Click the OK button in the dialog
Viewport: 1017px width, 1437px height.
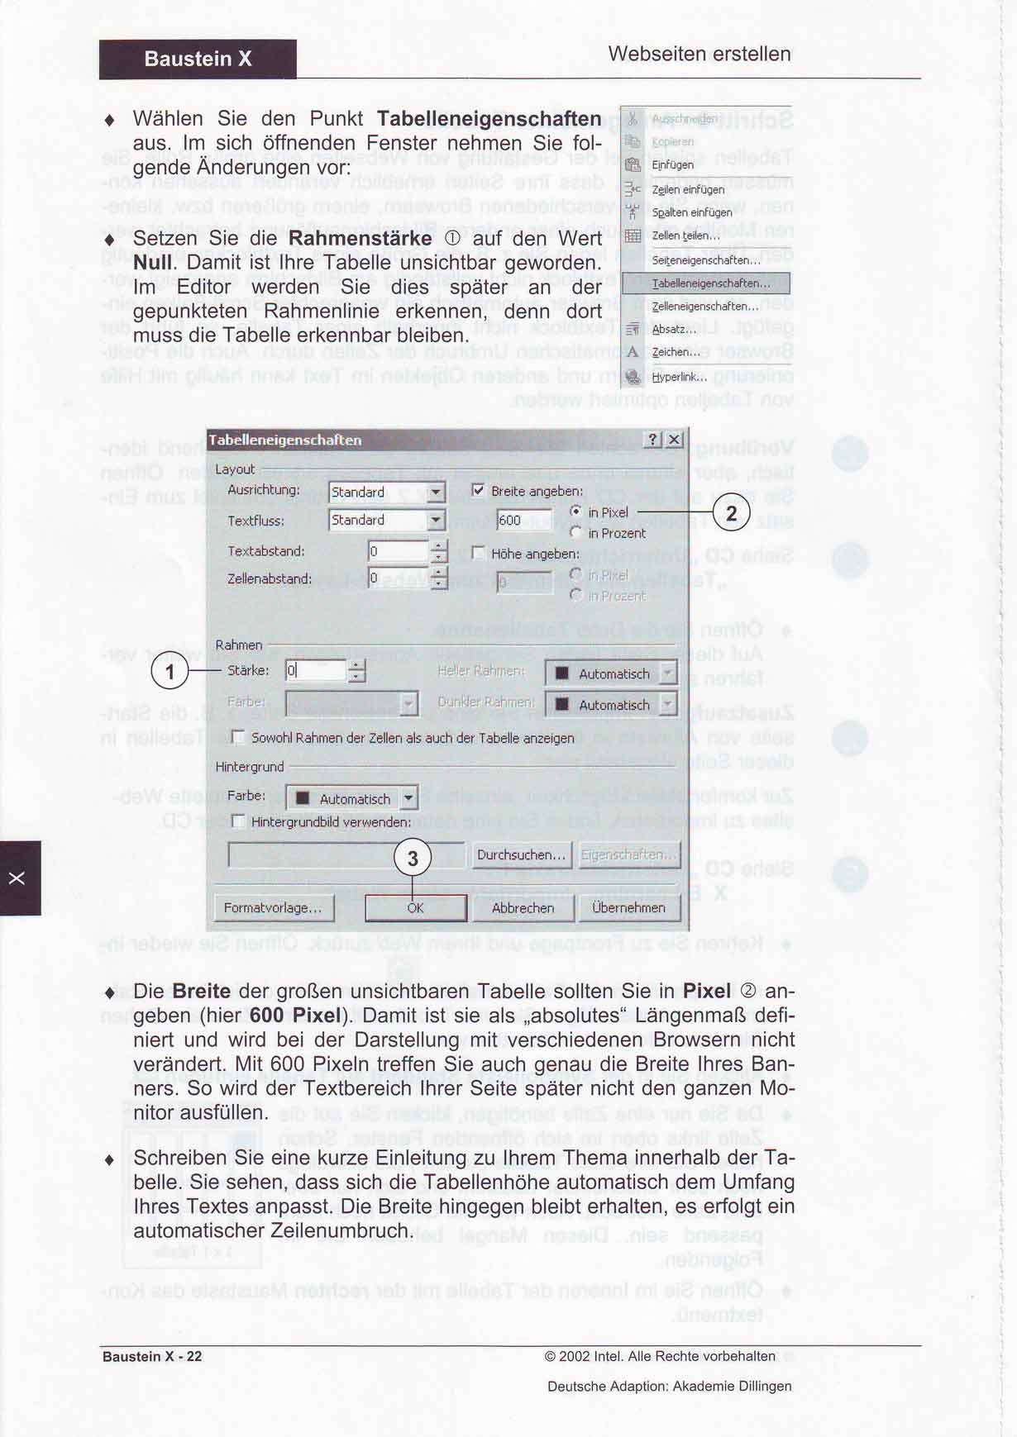coord(415,907)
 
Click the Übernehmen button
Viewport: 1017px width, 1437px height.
coord(628,907)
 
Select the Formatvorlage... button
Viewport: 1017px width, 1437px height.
coord(273,907)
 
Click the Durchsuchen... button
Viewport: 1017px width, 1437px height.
coord(521,854)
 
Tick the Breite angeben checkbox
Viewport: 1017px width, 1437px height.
coord(478,491)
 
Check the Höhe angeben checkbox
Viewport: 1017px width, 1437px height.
coord(478,553)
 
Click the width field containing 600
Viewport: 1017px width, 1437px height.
coord(523,520)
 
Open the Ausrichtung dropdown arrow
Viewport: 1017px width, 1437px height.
coord(436,492)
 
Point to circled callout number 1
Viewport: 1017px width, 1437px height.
coord(169,671)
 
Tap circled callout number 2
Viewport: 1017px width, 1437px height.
coord(731,513)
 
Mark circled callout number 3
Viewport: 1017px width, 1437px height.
coord(413,859)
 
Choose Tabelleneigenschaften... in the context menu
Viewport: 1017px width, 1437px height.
coord(709,283)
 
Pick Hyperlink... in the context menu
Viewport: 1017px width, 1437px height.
coord(678,377)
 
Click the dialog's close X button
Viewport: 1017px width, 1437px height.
coord(675,440)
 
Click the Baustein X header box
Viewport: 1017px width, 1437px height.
coord(198,59)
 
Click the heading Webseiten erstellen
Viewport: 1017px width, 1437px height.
coord(699,54)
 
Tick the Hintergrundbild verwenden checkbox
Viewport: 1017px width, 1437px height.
coord(239,821)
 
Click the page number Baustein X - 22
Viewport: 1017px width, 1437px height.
coord(152,1356)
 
